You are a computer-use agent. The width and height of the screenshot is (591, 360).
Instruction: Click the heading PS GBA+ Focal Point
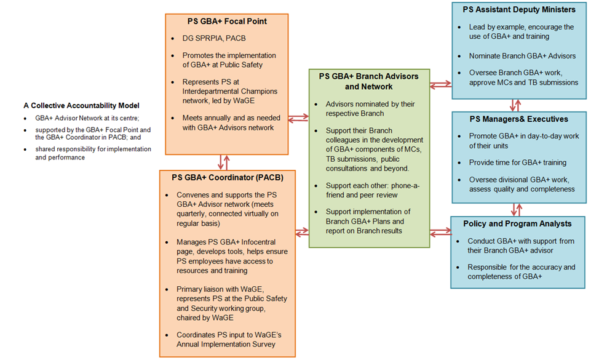coord(227,21)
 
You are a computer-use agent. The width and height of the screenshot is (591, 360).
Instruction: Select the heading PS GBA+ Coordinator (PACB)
coord(228,178)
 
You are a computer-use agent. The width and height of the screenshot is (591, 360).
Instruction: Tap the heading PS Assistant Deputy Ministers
coord(518,9)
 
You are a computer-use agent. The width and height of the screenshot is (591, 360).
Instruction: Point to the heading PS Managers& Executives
coord(518,119)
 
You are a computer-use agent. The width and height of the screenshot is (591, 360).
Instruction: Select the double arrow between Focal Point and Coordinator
coord(223,162)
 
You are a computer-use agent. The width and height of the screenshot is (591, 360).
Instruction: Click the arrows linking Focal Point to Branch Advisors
coord(299,116)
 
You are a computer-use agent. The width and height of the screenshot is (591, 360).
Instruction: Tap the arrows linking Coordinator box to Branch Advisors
coord(301,232)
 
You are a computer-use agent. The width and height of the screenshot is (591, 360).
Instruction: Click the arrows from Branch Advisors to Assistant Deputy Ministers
coord(440,86)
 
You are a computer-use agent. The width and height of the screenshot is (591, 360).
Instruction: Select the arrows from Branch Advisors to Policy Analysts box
coord(440,232)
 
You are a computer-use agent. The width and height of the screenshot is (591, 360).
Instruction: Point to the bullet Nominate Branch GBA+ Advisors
coord(522,56)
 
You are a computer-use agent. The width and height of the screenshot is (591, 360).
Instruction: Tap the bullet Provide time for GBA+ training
coord(517,162)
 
